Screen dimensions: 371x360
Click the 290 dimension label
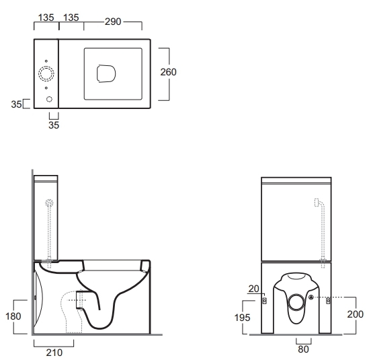coord(113,22)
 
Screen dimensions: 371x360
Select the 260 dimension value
coord(168,72)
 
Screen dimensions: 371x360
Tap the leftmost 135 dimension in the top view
coord(46,17)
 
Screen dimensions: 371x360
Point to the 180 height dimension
coord(13,316)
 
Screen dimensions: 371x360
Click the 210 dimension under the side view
coord(54,353)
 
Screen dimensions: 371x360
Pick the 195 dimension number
coord(242,318)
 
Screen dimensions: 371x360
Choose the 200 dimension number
coord(355,314)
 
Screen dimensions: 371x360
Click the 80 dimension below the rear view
coord(303,349)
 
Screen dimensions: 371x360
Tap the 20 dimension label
coord(254,289)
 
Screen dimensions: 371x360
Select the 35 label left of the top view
coord(16,104)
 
